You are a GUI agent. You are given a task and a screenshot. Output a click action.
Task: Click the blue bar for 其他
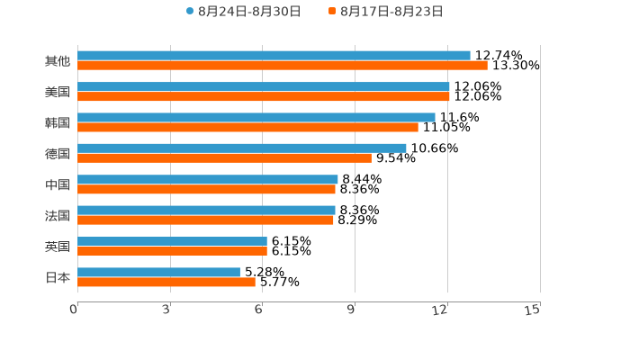point(274,56)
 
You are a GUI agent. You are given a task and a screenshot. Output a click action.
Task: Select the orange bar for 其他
point(283,66)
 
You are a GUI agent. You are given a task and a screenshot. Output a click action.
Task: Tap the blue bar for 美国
point(264,86)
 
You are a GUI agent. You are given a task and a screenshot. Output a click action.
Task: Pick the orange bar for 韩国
point(247,128)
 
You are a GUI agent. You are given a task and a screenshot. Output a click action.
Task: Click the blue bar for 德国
point(242,148)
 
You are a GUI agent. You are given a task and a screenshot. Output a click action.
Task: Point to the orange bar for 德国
point(224,158)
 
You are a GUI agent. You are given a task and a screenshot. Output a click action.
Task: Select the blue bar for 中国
point(208,179)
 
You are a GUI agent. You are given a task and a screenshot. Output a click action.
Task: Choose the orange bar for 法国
point(205,220)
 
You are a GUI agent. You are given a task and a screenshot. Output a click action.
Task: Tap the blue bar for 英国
point(172,241)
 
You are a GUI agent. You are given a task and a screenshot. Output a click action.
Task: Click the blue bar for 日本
point(158,272)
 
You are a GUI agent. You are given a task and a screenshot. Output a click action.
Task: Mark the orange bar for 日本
point(166,283)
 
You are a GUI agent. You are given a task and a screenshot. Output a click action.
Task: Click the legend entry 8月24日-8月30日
point(244,12)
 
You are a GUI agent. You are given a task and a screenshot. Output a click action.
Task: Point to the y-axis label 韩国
point(58,122)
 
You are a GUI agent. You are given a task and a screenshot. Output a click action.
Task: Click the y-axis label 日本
point(58,277)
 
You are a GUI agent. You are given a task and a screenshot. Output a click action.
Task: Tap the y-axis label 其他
point(58,61)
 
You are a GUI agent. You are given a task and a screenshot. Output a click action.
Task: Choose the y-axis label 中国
point(58,184)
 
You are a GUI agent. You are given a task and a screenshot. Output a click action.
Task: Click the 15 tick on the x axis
point(533,310)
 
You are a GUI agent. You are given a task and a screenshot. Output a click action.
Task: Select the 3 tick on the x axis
point(166,310)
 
